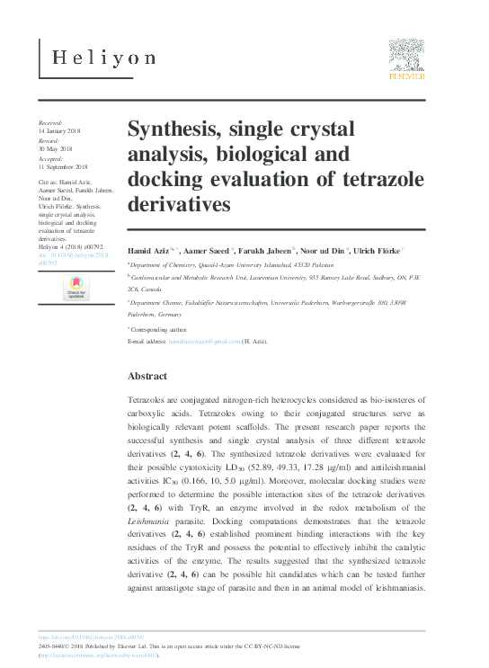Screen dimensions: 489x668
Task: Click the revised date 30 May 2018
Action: [57, 149]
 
